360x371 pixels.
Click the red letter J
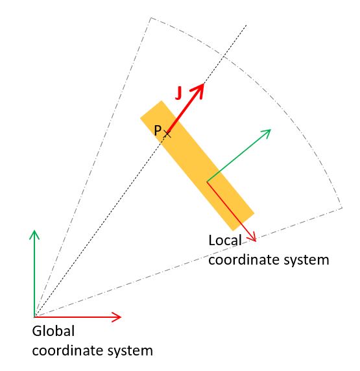click(178, 93)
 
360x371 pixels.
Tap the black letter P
click(158, 130)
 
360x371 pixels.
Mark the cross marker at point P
click(167, 134)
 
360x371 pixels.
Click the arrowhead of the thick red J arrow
click(198, 90)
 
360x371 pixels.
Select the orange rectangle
click(197, 165)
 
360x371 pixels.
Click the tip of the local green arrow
click(270, 130)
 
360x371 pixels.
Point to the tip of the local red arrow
click(256, 241)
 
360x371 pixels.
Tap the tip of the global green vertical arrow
click(34, 230)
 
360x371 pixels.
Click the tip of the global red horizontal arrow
click(121, 317)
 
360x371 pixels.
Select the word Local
click(225, 241)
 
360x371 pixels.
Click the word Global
click(53, 331)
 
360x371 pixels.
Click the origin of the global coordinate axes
click(34, 317)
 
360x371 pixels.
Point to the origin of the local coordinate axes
click(207, 182)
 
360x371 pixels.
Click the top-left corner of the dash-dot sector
click(150, 18)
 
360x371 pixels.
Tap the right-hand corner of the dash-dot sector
click(342, 208)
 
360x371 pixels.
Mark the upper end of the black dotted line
click(246, 25)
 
